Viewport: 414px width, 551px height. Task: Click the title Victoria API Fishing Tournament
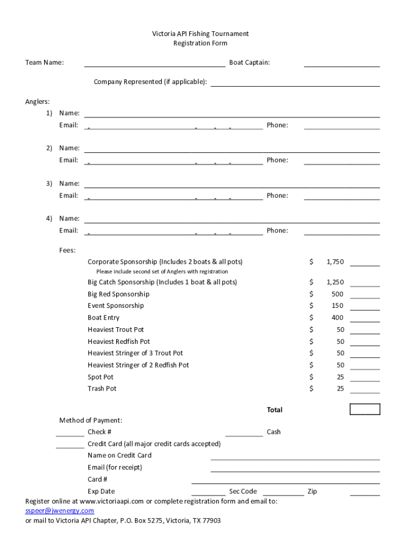[200, 34]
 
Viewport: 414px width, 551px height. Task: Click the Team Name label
[45, 63]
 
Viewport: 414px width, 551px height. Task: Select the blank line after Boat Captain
[341, 65]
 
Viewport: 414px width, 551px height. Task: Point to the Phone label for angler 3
[277, 195]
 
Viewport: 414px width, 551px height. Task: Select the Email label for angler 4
[69, 231]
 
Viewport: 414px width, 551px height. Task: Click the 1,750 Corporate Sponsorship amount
[334, 262]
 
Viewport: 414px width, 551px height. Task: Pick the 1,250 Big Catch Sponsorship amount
[334, 282]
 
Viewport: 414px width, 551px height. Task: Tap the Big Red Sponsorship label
[118, 294]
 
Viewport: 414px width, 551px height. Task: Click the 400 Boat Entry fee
[337, 318]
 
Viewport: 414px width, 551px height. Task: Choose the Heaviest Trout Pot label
[116, 330]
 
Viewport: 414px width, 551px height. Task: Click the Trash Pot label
[102, 388]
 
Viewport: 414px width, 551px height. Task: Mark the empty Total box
[365, 409]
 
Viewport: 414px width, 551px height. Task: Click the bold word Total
[274, 410]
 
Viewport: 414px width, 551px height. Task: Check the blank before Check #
[70, 434]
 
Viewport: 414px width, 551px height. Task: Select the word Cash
[274, 432]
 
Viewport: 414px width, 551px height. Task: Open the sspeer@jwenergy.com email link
[60, 511]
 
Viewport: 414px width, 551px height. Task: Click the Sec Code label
[243, 491]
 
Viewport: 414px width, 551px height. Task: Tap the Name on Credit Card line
[295, 458]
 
